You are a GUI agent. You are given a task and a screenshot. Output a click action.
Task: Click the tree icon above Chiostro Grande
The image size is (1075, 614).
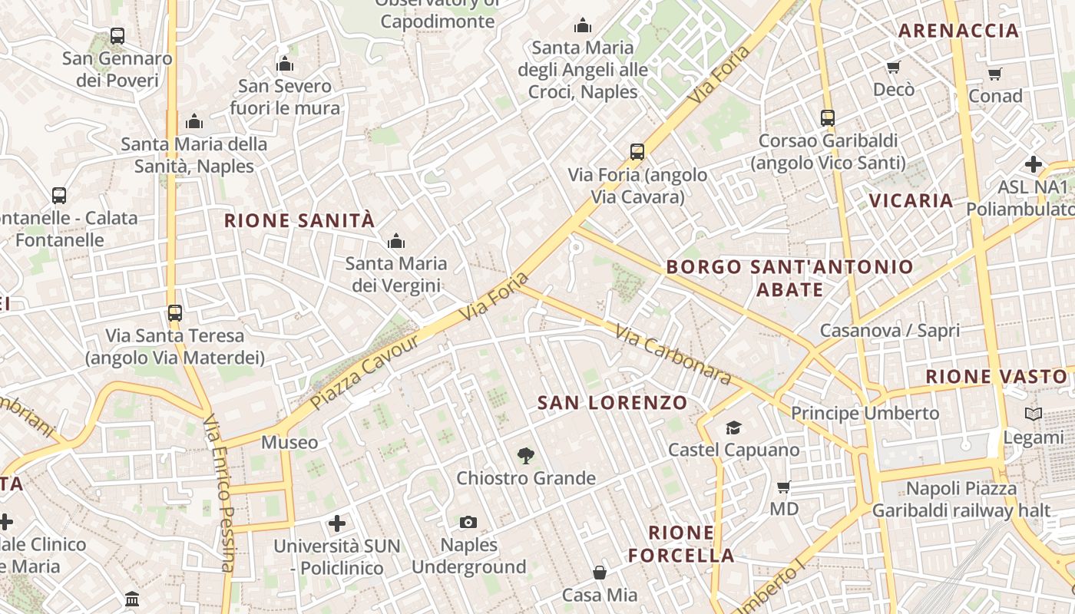coord(525,457)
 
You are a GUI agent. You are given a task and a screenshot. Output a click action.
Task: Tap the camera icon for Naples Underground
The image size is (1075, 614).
coord(468,523)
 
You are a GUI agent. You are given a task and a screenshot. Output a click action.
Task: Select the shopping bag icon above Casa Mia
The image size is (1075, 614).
coord(600,573)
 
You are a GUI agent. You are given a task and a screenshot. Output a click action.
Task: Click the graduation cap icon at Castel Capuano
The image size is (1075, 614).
coord(734,427)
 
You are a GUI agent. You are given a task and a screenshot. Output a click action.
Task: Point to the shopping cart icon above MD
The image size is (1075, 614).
coord(783,487)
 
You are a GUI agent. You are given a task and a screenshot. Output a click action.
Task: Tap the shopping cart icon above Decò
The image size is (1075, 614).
coord(893,68)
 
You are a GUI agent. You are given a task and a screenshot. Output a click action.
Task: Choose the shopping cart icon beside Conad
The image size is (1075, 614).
coord(994,74)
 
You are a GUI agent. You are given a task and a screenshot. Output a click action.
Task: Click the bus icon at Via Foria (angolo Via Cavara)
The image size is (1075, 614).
coord(637,152)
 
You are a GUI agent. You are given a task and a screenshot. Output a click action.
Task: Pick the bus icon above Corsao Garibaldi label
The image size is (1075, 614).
coord(827,118)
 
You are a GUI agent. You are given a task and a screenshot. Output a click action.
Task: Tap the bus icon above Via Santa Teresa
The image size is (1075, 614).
coord(175,313)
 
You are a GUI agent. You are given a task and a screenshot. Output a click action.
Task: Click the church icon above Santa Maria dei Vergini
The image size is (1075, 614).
coord(396,242)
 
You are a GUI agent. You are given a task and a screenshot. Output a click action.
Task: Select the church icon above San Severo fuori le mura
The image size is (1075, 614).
coord(285,64)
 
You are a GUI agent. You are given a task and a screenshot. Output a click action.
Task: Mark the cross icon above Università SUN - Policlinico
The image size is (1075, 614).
coord(336,523)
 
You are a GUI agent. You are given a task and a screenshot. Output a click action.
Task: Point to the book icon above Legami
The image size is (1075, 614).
coord(1034,414)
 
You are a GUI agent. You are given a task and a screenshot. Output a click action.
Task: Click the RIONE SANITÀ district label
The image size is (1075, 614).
coord(299,221)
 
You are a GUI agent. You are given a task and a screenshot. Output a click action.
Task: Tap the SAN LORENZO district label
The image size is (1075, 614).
coord(612,403)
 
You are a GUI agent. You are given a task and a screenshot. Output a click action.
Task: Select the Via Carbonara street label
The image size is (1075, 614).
coord(673,354)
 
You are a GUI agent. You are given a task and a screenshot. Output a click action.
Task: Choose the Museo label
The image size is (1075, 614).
coord(289,442)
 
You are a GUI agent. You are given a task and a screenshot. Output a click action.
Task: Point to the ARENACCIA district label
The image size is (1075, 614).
coord(958,31)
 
